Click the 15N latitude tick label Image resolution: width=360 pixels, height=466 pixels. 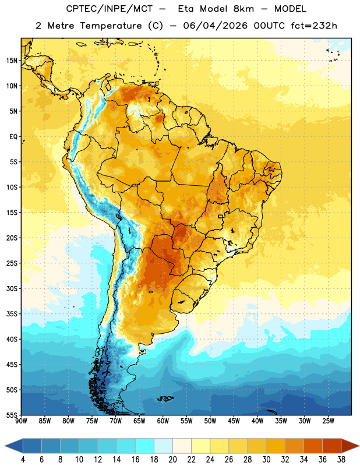tap(12, 61)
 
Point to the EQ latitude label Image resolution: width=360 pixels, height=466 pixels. tap(13, 137)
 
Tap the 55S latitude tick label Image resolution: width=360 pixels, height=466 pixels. tap(12, 415)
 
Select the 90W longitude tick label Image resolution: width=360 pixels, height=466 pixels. tap(21, 421)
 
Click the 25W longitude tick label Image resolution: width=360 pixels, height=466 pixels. tap(328, 421)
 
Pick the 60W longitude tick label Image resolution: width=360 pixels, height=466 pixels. tap(163, 421)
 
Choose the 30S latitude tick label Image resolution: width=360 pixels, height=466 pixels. tap(12, 288)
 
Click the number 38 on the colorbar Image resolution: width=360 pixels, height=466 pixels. tap(341, 460)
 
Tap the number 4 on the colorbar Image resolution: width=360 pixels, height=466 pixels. tap(23, 460)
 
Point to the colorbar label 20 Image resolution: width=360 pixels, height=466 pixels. tap(172, 460)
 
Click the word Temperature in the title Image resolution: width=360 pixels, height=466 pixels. tap(111, 26)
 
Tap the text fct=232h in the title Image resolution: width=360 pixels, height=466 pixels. tap(314, 26)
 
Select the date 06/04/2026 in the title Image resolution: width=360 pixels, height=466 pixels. tap(215, 26)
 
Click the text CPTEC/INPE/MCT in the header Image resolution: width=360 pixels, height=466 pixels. tap(109, 9)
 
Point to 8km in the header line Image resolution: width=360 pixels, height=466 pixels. tap(243, 9)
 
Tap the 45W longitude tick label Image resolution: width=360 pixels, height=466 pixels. tap(234, 421)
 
